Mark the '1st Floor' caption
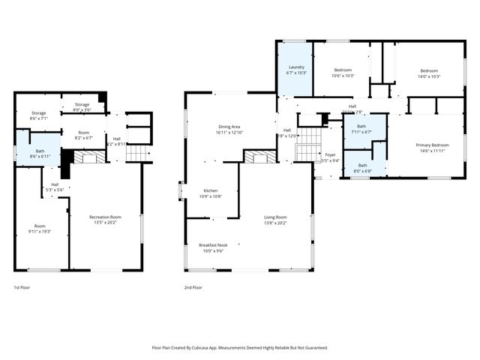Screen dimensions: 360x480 coord(22,287)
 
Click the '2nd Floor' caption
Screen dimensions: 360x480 coord(193,287)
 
